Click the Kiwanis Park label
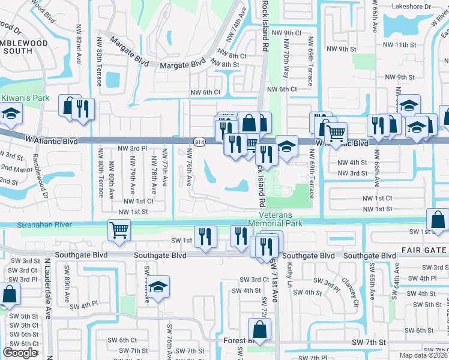(x=25, y=97)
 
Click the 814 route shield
(x=199, y=142)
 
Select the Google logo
(x=20, y=353)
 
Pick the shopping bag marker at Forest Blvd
(x=259, y=329)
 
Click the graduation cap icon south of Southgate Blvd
(x=158, y=287)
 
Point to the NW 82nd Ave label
(x=79, y=42)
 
